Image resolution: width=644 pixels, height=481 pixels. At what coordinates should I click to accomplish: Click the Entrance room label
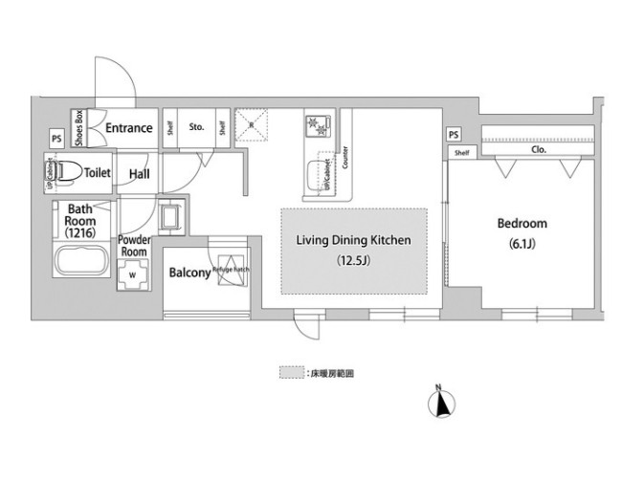pyautogui.click(x=128, y=128)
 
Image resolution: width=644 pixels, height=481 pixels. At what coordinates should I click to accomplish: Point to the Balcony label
pyautogui.click(x=189, y=273)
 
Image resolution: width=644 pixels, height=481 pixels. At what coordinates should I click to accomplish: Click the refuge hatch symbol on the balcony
pyautogui.click(x=232, y=267)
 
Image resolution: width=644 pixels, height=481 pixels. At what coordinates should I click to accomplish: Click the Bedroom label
pyautogui.click(x=522, y=224)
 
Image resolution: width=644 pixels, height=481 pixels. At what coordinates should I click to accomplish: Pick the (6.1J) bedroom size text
pyautogui.click(x=522, y=243)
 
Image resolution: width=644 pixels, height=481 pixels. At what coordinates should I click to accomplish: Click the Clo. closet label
pyautogui.click(x=538, y=150)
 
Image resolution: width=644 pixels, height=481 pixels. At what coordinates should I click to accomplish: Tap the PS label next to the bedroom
pyautogui.click(x=453, y=134)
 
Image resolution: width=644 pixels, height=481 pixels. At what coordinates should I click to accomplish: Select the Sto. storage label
pyautogui.click(x=197, y=125)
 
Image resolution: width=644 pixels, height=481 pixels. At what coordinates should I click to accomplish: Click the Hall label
pyautogui.click(x=139, y=173)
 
